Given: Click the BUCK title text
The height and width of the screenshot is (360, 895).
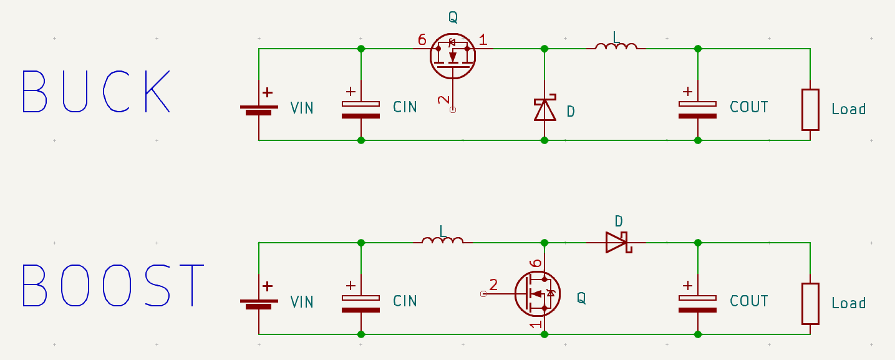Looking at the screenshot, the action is point(96,92).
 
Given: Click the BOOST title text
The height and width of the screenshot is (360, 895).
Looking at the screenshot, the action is point(113,285).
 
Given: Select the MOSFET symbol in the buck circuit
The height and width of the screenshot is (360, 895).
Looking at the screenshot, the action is point(453,56).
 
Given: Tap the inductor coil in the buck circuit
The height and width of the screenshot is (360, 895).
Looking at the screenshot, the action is point(616,47).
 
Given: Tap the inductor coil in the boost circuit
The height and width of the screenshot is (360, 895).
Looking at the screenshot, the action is point(442,241).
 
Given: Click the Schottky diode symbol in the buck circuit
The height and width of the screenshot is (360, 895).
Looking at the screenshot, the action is point(544,108).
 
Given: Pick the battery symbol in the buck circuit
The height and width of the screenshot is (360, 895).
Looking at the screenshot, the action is point(259,107).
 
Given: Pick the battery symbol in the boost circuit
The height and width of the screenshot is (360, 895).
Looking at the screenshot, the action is point(259,301).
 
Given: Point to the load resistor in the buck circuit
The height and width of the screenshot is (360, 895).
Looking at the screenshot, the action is point(810,110).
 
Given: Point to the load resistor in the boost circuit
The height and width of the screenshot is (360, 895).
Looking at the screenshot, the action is point(810,304).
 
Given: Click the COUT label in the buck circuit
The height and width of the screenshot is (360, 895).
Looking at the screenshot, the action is point(749,107).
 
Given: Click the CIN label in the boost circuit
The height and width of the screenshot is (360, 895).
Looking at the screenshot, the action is point(405,301).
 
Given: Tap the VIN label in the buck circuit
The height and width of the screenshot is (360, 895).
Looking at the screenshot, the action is point(302,108).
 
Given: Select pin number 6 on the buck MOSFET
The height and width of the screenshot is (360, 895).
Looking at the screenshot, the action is point(422,39).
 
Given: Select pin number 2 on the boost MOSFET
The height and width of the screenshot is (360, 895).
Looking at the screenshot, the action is point(493,285).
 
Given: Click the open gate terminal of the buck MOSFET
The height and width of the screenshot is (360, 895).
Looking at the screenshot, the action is point(453,110).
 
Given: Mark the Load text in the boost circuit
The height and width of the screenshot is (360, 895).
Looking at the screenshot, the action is point(848,303).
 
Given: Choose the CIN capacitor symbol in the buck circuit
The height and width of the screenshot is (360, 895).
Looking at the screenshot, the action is point(360,109).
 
